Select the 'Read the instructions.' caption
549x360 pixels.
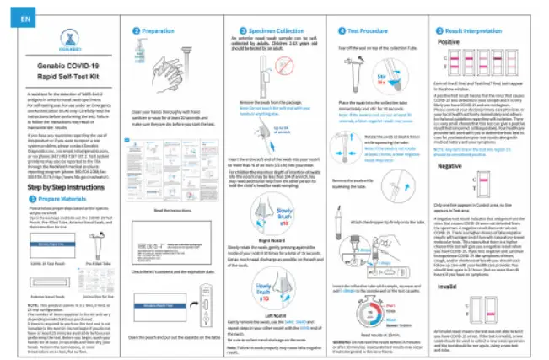click(165, 210)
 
